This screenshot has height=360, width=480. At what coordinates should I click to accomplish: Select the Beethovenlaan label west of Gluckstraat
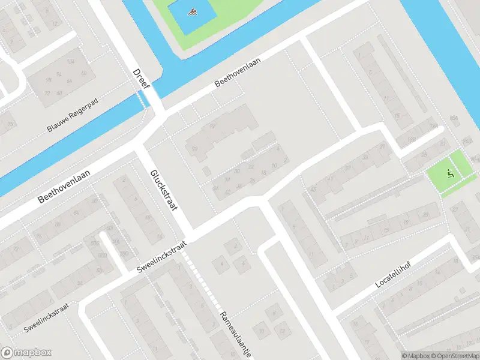pyautogui.click(x=64, y=185)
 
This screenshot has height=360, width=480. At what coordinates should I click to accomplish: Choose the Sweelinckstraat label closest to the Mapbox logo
pyautogui.click(x=46, y=320)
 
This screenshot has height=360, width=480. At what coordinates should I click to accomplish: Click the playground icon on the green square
pyautogui.click(x=450, y=174)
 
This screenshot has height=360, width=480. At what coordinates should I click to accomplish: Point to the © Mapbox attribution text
pyautogui.click(x=414, y=356)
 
